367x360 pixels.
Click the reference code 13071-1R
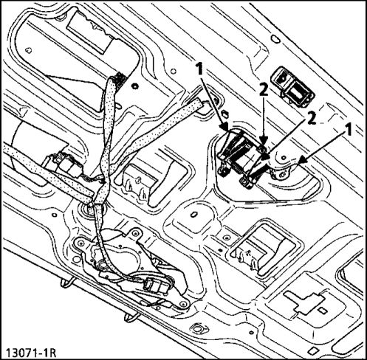[x=30, y=353]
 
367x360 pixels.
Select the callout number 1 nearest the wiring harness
[x=199, y=69]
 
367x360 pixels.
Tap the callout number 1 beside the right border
[x=348, y=130]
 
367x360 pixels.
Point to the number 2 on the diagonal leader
[x=312, y=119]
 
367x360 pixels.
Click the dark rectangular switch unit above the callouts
[x=292, y=86]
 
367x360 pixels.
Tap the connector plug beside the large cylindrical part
[x=66, y=164]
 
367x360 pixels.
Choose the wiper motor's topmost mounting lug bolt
[x=136, y=234]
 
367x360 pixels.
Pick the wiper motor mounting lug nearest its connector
[x=182, y=303]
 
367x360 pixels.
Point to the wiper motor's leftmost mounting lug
[x=80, y=243]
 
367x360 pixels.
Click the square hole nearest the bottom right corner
[x=312, y=350]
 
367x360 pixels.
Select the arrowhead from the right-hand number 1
[x=303, y=160]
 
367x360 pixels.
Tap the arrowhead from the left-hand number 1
[x=225, y=127]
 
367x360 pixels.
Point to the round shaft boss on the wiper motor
[x=102, y=265]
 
